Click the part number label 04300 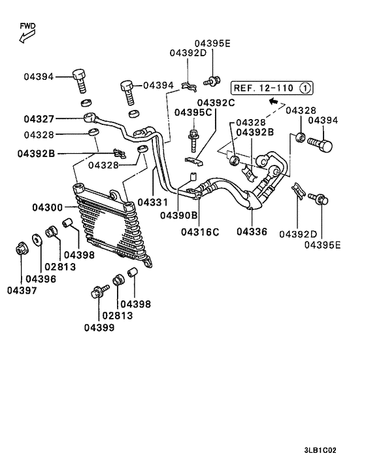pos(47,208)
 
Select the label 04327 pos(40,119)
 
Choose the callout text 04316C pos(200,232)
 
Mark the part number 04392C pos(217,103)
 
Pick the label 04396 pos(41,279)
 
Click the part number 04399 pos(99,327)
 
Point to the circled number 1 pos(305,87)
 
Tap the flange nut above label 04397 pos(20,249)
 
